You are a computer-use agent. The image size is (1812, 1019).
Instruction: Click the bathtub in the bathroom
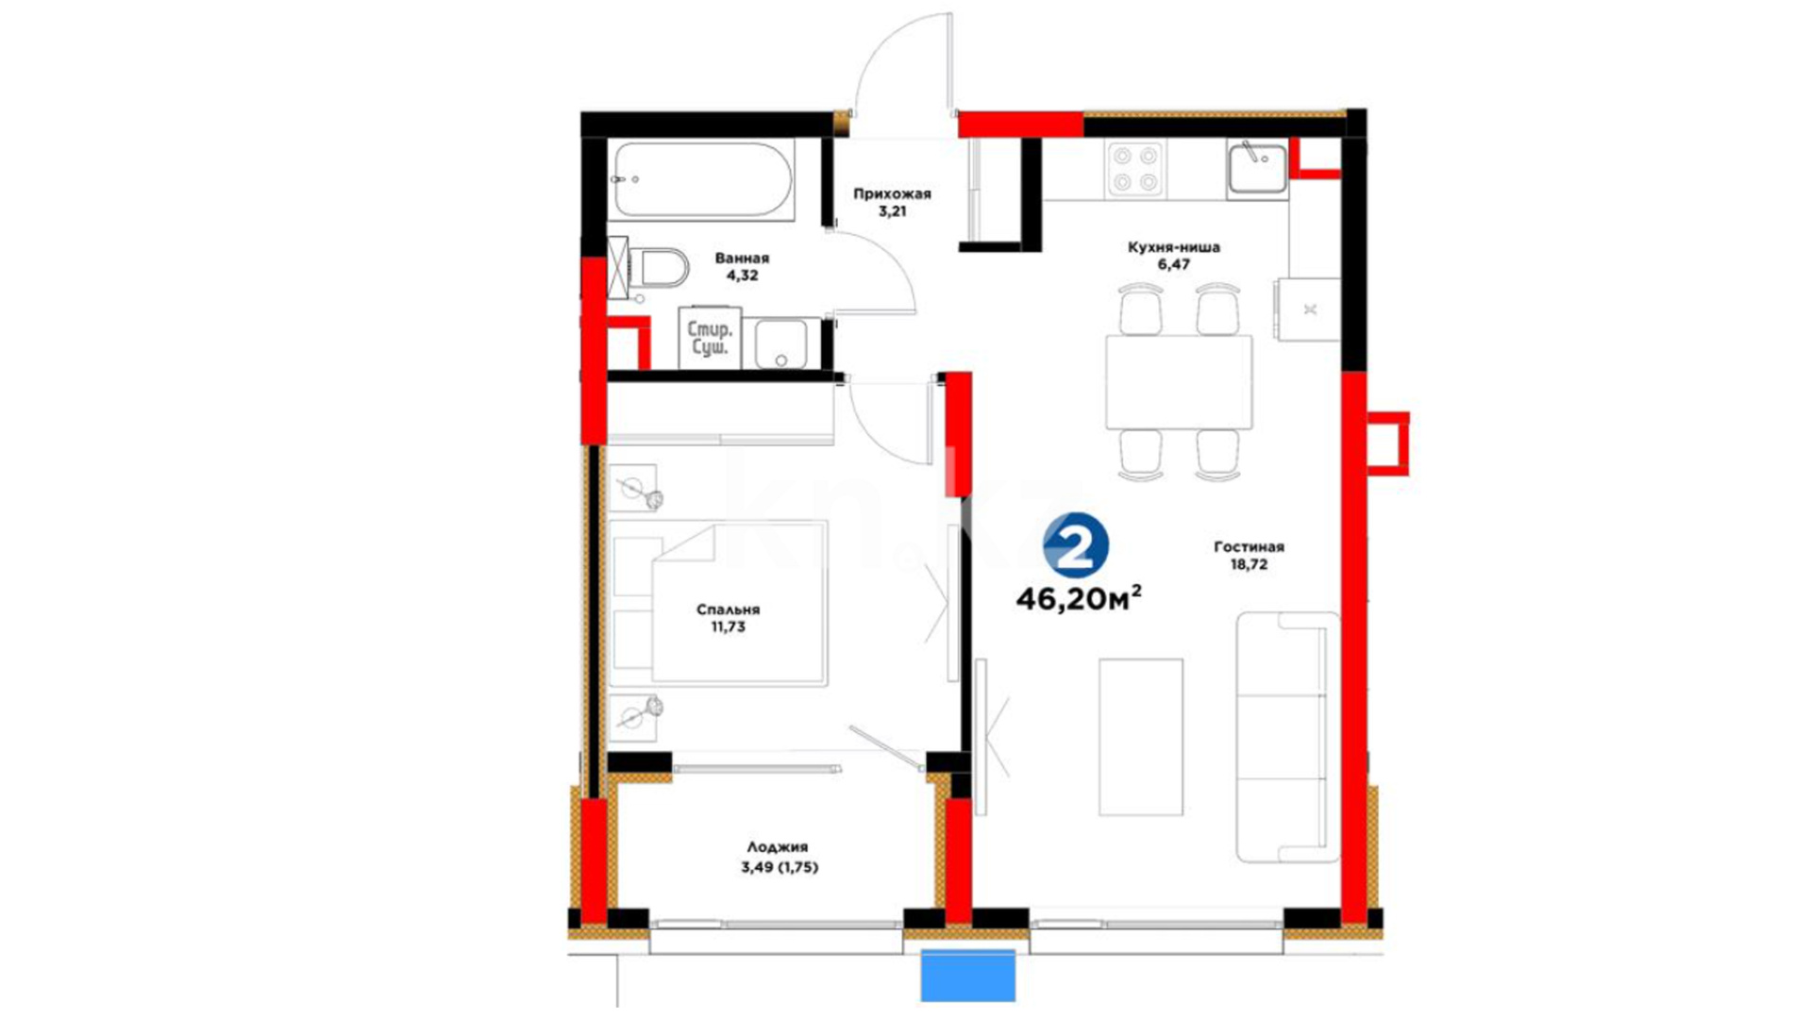coord(701,180)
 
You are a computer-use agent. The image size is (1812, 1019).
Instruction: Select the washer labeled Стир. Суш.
coord(710,338)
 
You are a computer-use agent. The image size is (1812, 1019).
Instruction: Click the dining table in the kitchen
coord(1179,381)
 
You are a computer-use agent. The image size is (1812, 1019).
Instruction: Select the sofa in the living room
coord(1288,737)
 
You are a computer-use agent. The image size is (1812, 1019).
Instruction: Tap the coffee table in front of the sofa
coord(1140,737)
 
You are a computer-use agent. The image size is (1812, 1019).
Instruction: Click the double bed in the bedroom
coord(718,603)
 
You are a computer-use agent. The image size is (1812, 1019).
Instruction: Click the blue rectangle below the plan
coord(968,976)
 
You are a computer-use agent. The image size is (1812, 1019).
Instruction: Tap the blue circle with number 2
coord(1076,545)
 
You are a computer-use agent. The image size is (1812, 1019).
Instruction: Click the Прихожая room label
coord(892,194)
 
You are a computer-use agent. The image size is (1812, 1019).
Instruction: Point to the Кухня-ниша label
coord(1174,247)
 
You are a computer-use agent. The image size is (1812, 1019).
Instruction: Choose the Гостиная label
coord(1249,547)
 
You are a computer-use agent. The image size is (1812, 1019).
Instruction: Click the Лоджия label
coord(778,848)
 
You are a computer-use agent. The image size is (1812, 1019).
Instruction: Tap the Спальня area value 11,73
coord(728,626)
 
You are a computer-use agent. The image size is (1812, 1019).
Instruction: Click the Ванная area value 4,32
coord(742,276)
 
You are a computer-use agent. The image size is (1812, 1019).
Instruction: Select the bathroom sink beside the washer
coord(780,343)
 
